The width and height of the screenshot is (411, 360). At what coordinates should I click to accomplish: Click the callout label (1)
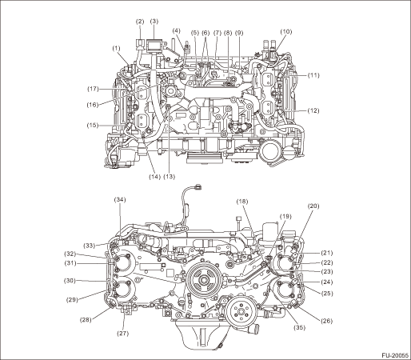click(x=116, y=49)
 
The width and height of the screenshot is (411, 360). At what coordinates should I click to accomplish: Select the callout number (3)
click(x=154, y=22)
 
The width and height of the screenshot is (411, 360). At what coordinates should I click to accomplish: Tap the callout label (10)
click(x=286, y=32)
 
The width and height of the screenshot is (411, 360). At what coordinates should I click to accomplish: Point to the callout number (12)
click(x=313, y=110)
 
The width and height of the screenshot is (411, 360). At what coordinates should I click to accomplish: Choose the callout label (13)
click(x=170, y=177)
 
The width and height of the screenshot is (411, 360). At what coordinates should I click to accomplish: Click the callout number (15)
click(x=93, y=125)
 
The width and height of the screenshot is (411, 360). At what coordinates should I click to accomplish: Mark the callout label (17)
click(x=93, y=89)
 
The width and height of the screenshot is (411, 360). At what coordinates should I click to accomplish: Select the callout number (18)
click(x=242, y=202)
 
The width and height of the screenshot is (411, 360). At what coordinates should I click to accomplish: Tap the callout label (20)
click(x=313, y=206)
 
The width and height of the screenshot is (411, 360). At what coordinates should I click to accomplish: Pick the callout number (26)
click(x=326, y=321)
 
